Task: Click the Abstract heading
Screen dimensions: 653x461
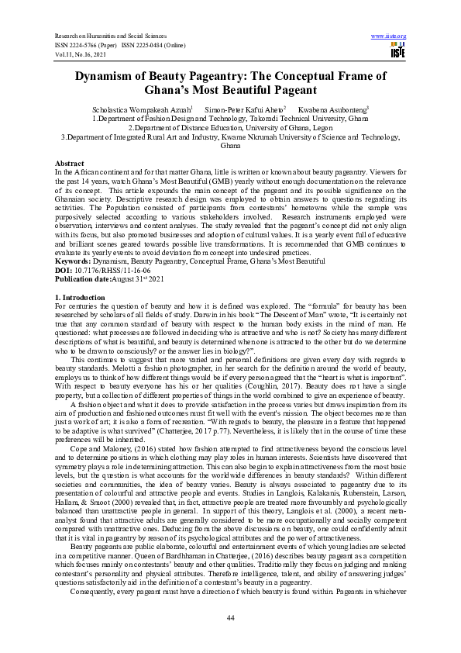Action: click(x=69, y=163)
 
